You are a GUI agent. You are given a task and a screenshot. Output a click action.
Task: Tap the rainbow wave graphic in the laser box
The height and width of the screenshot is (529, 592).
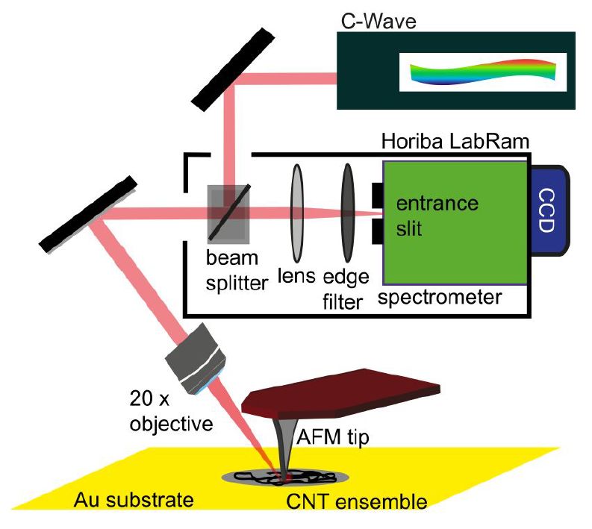point(483,72)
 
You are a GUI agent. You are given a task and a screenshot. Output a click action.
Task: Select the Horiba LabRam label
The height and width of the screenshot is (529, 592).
point(439,142)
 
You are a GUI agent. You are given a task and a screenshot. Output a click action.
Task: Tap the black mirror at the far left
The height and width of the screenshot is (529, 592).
point(88,213)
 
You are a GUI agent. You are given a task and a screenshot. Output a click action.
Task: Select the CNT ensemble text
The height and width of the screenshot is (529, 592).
point(357,501)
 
